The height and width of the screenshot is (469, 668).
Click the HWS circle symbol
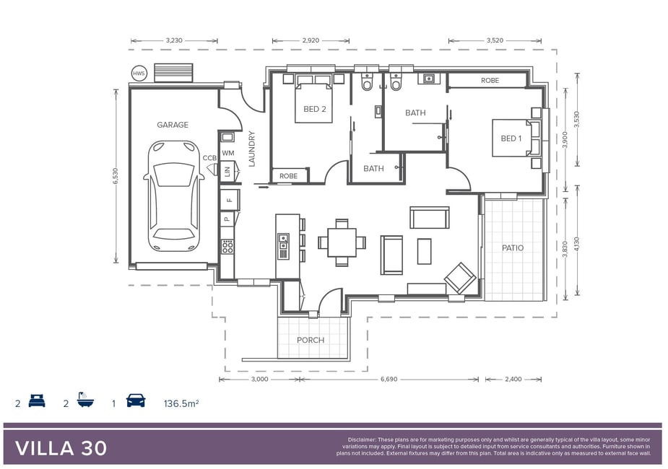click(139, 74)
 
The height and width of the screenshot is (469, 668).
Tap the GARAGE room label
click(173, 125)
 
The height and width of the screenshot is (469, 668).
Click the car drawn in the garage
click(173, 196)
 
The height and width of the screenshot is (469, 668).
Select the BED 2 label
click(315, 109)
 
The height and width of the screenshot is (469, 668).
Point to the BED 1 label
click(511, 139)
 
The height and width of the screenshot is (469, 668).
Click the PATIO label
click(513, 247)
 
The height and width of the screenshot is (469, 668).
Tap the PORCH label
click(311, 340)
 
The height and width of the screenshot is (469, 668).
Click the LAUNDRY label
click(251, 149)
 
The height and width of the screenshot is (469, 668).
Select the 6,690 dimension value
click(389, 380)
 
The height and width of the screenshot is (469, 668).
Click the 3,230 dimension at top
click(174, 40)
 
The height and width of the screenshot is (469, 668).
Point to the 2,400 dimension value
click(513, 380)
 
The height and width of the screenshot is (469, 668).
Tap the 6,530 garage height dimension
click(116, 176)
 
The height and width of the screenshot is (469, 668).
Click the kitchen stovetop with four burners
click(227, 247)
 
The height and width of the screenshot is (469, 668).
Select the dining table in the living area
click(342, 242)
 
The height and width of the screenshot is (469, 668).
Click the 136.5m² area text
click(181, 403)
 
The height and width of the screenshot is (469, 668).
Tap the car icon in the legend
click(136, 401)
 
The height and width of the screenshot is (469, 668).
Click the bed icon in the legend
click(37, 401)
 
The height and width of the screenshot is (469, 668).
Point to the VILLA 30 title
click(61, 448)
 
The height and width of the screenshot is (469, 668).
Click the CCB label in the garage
click(209, 158)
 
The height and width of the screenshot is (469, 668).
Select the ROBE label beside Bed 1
click(490, 80)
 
